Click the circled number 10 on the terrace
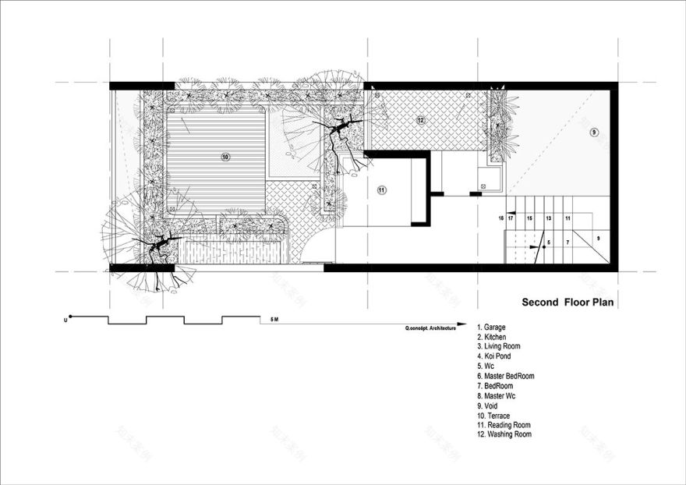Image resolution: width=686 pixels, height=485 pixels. [225, 157]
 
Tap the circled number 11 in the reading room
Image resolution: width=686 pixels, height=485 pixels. [381, 189]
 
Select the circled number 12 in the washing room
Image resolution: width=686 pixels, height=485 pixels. [420, 120]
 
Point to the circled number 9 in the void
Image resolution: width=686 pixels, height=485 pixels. [594, 133]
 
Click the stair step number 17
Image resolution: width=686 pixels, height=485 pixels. [511, 219]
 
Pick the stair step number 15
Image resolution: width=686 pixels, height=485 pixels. [529, 219]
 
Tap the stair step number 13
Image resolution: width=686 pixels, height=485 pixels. [549, 219]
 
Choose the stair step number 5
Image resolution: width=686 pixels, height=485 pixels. [549, 243]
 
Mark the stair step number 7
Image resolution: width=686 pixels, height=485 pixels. [567, 243]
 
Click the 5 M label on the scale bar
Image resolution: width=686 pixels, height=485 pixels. [273, 320]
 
